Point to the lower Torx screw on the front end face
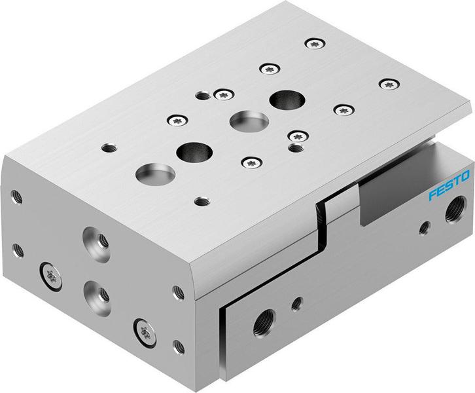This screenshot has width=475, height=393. click(141, 327)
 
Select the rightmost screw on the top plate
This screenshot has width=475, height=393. click(390, 84)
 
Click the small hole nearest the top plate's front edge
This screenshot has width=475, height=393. click(202, 201)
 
